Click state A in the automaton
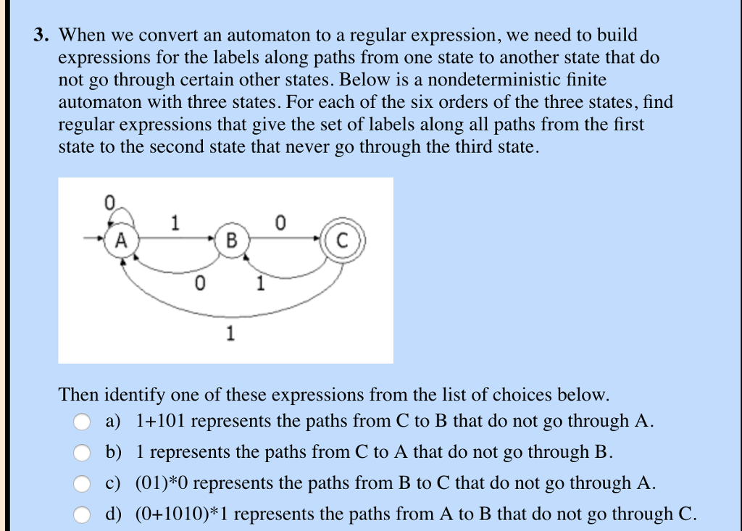(120, 239)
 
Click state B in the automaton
(231, 239)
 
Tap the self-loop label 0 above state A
(109, 203)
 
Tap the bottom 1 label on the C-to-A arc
(230, 334)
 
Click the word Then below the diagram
(78, 395)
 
